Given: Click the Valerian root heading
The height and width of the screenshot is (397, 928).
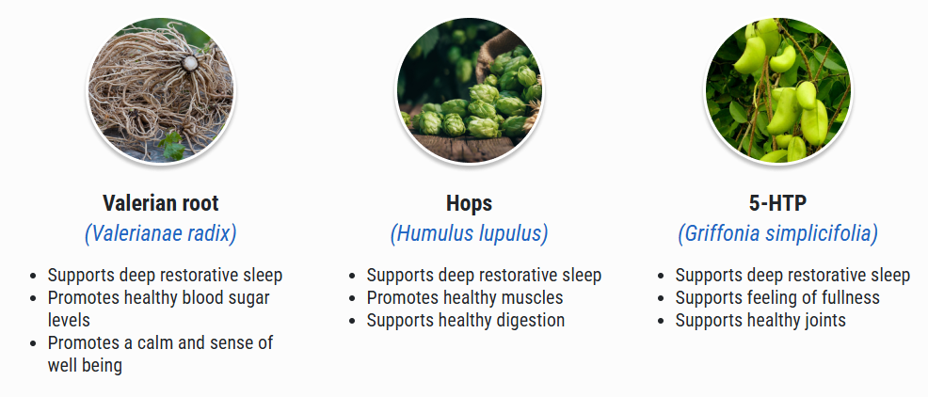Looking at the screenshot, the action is pyautogui.click(x=160, y=203).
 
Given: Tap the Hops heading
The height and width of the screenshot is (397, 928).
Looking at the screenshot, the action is pyautogui.click(x=469, y=203).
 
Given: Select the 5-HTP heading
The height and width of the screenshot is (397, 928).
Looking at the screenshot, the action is pyautogui.click(x=777, y=203).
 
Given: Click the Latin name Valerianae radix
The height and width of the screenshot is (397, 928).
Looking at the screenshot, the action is pyautogui.click(x=160, y=233).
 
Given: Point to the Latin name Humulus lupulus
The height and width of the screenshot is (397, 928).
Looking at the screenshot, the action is pyautogui.click(x=469, y=233).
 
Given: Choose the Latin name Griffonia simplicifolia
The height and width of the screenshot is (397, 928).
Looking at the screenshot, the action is pyautogui.click(x=777, y=233).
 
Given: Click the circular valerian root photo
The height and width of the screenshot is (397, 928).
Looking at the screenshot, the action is pyautogui.click(x=160, y=90).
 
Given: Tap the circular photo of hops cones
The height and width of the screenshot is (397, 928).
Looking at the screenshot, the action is pyautogui.click(x=470, y=90).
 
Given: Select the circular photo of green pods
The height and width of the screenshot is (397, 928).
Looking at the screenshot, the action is pyautogui.click(x=777, y=90).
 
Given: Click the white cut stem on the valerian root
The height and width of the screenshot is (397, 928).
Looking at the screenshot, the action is pyautogui.click(x=189, y=63).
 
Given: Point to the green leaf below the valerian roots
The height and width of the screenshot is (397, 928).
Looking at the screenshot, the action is pyautogui.click(x=172, y=145).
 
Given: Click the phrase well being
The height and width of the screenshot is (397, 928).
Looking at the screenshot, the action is pyautogui.click(x=85, y=365).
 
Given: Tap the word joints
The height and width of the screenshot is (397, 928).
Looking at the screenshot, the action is pyautogui.click(x=819, y=320).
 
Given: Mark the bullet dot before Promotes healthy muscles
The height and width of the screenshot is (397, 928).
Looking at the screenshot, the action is pyautogui.click(x=353, y=298).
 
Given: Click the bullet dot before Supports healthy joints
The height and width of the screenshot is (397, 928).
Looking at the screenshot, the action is pyautogui.click(x=662, y=321).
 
